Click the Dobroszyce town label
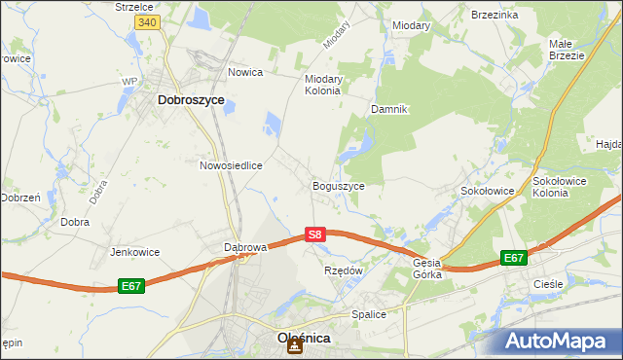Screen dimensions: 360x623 click(x=191, y=99)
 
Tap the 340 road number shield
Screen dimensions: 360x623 click(x=147, y=21)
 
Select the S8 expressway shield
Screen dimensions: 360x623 click(x=313, y=234)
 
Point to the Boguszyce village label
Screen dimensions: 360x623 click(x=338, y=186)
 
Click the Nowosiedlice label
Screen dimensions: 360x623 click(x=232, y=165)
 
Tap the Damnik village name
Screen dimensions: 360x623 click(x=387, y=109)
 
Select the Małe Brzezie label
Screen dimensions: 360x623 click(x=566, y=50)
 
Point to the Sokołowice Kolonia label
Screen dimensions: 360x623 click(x=564, y=186)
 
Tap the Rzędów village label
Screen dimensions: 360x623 click(x=343, y=270)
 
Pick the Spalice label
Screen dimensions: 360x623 click(x=369, y=314)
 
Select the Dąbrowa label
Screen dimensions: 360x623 click(x=245, y=247)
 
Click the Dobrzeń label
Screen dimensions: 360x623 click(x=19, y=197)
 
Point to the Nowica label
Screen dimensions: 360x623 click(x=246, y=72)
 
